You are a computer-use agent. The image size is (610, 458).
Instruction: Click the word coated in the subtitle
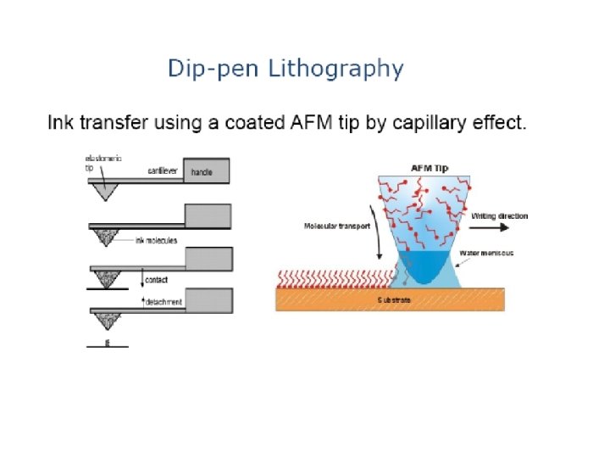260,124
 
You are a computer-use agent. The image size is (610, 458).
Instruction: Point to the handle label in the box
203,172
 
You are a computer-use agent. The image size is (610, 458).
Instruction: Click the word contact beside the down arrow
157,278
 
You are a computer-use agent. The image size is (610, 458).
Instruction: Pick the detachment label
164,302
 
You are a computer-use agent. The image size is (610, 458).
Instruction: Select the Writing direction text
499,216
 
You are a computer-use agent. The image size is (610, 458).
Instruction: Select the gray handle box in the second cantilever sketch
208,215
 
